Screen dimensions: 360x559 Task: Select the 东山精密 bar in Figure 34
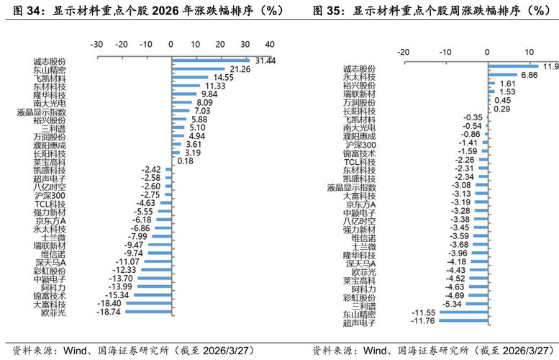tap(198, 70)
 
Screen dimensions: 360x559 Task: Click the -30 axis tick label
tap(96, 43)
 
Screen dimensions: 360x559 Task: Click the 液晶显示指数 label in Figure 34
tap(42, 112)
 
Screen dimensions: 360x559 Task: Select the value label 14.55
tap(223, 78)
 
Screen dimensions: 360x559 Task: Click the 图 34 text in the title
tap(22, 12)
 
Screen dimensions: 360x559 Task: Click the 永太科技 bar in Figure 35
tap(501, 75)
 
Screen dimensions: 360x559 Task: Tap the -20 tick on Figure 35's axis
tap(404, 52)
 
